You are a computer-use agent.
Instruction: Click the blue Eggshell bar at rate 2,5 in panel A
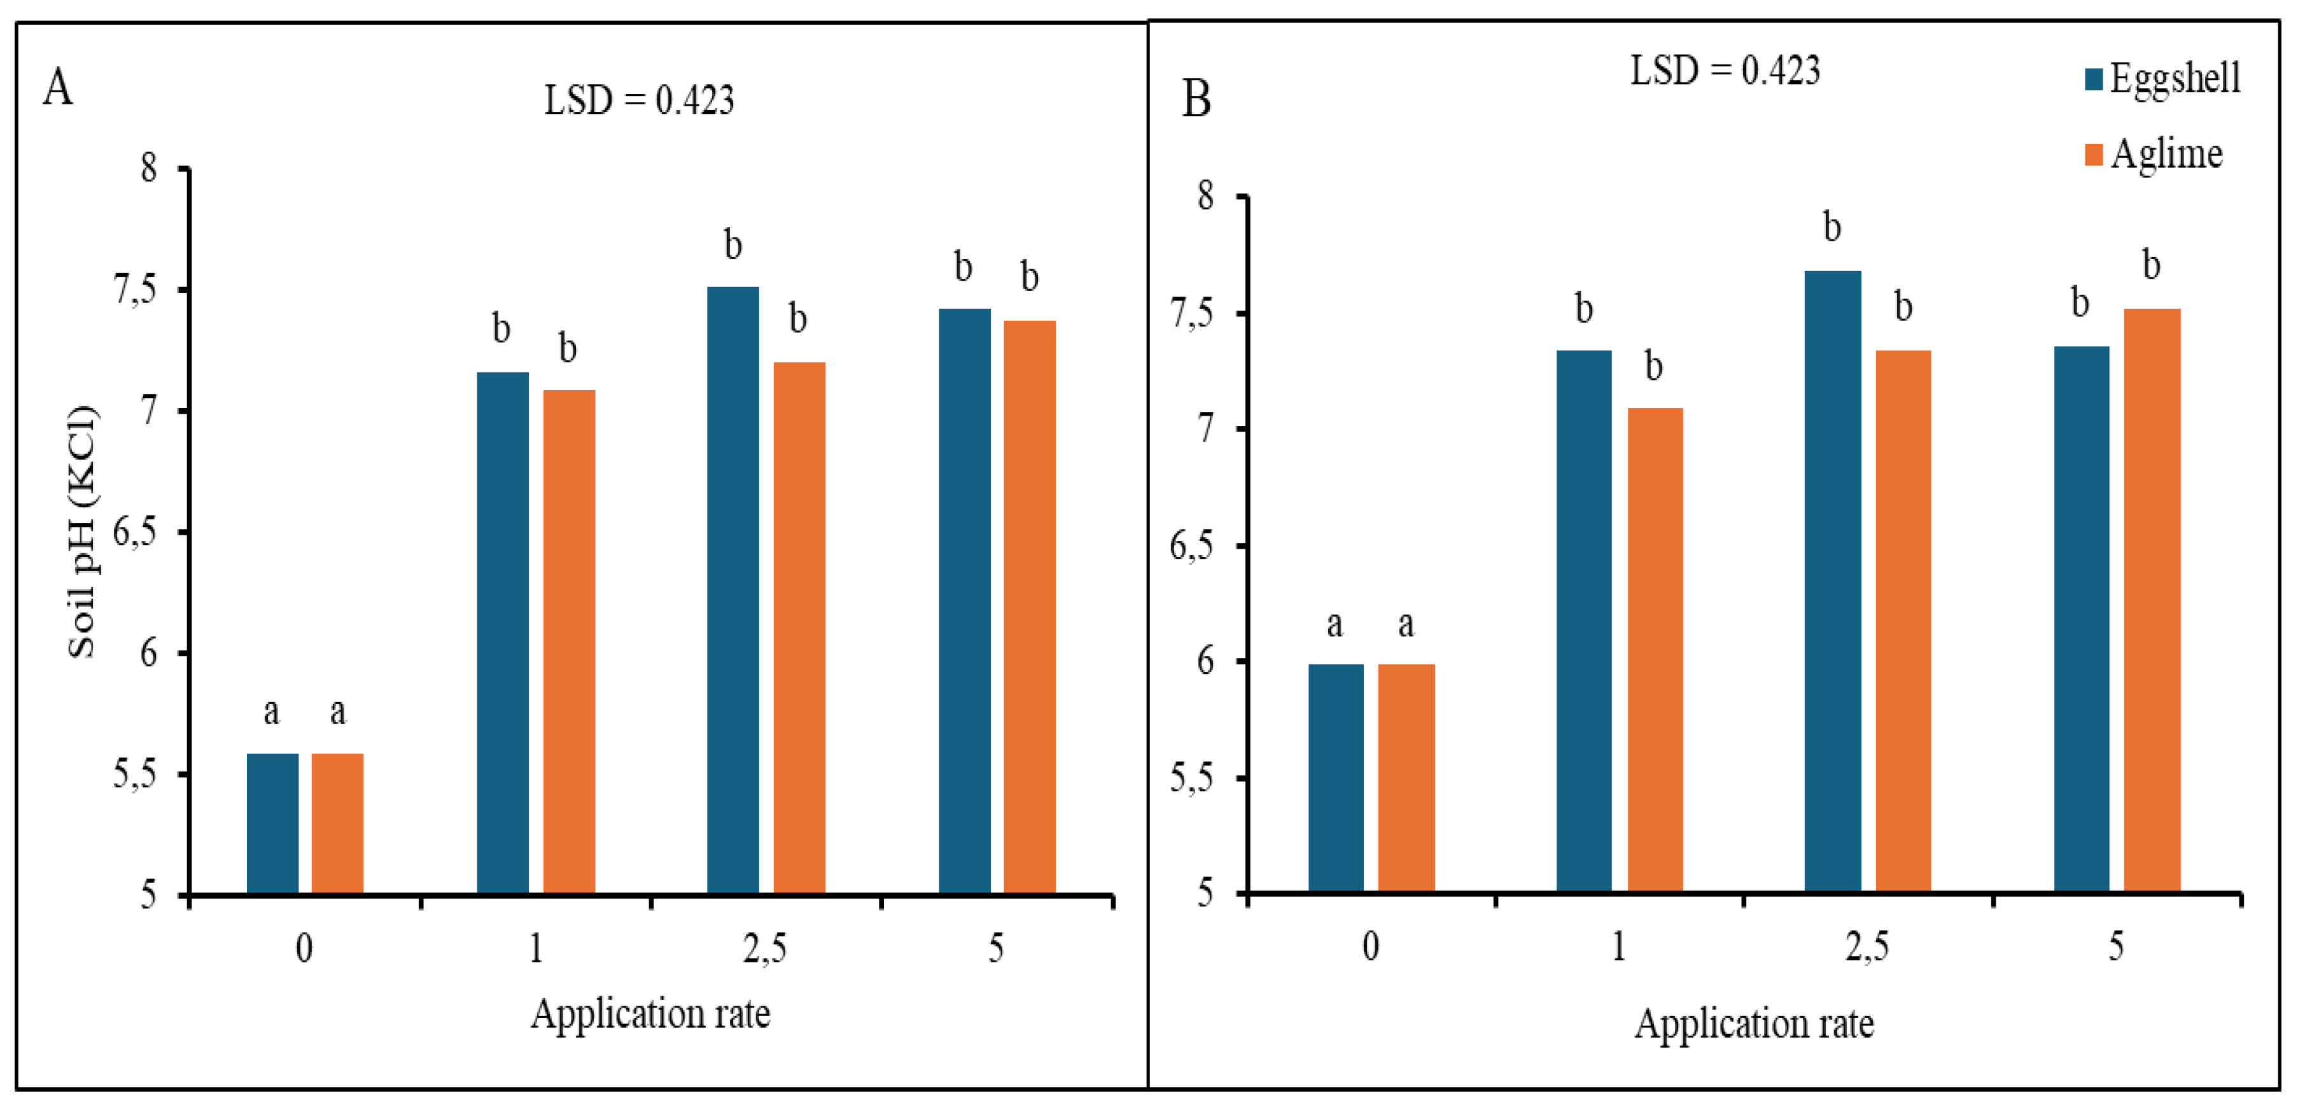[x=732, y=589]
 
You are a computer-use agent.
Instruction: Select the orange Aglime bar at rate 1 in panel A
[x=568, y=641]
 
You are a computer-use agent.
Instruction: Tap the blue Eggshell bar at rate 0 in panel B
[x=1335, y=777]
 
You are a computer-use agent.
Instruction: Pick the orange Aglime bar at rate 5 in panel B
[x=2151, y=600]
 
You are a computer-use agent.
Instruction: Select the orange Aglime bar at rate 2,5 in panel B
[x=1903, y=621]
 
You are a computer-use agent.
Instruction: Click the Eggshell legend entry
[x=2162, y=78]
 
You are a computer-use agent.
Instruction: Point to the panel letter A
[x=58, y=87]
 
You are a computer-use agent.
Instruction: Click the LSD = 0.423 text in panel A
[x=639, y=100]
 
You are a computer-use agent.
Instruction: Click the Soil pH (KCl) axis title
[x=82, y=532]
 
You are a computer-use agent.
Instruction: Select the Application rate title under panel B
[x=1753, y=1023]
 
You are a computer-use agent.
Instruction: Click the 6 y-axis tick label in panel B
[x=1205, y=661]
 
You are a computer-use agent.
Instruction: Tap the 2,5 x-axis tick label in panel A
[x=764, y=948]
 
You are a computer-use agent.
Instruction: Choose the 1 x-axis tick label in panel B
[x=1618, y=946]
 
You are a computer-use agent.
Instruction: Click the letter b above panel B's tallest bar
[x=1832, y=228]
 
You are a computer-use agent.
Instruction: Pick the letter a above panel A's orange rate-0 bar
[x=337, y=712]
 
